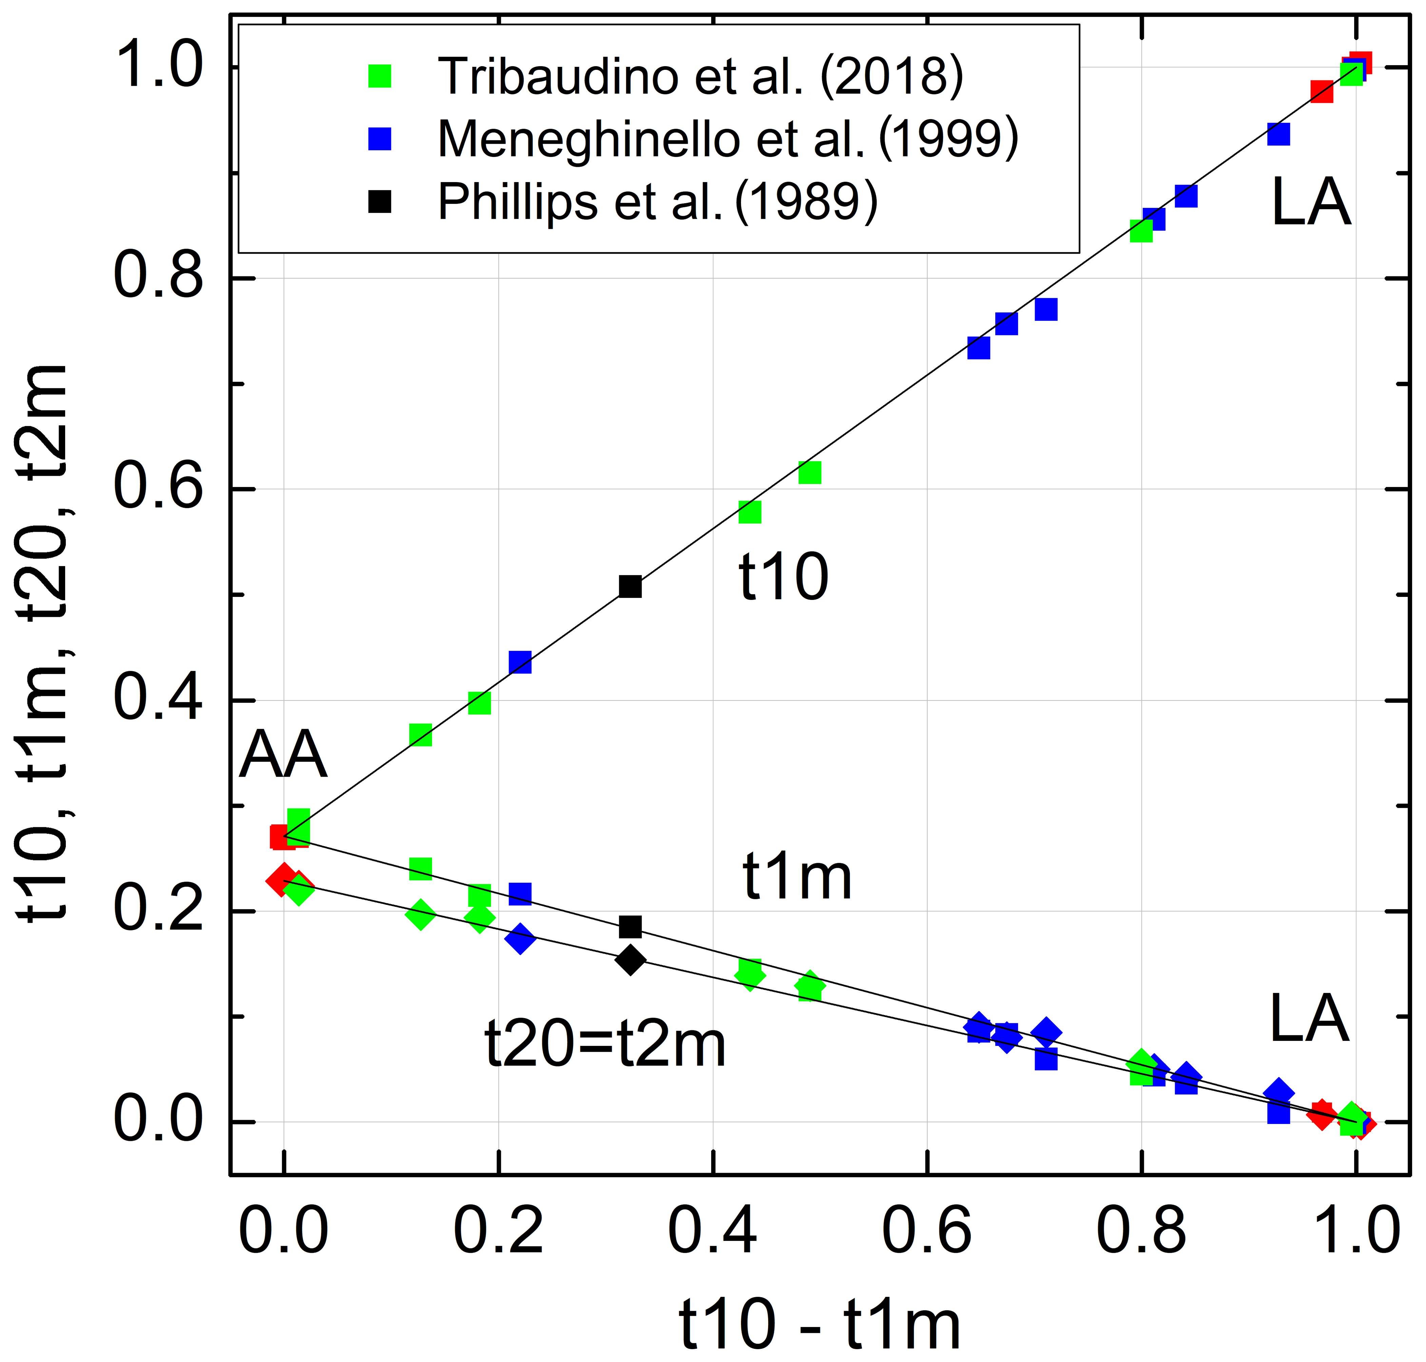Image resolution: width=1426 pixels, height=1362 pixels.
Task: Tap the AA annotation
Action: tap(283, 755)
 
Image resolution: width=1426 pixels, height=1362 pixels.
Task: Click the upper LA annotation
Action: tap(1311, 202)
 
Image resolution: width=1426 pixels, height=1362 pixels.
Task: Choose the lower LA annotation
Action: tap(1309, 1018)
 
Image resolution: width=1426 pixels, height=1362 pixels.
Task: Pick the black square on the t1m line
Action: tap(630, 927)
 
